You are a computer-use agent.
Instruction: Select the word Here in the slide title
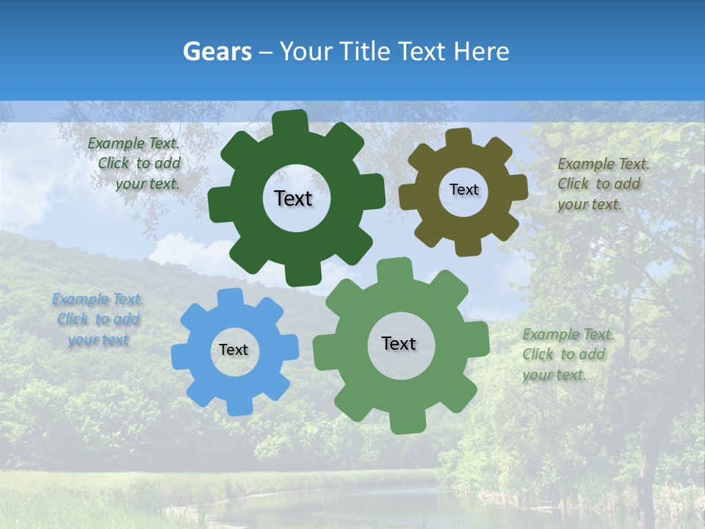(x=481, y=51)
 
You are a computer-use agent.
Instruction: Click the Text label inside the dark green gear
(x=293, y=198)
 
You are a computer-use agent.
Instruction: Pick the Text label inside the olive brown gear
(x=463, y=190)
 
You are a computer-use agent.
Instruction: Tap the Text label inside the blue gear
(x=234, y=350)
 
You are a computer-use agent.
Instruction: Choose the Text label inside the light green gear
(x=399, y=344)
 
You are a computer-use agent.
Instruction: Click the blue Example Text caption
(x=98, y=320)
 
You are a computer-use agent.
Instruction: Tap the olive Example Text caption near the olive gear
(x=602, y=184)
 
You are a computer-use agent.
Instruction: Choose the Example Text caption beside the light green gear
(x=567, y=355)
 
